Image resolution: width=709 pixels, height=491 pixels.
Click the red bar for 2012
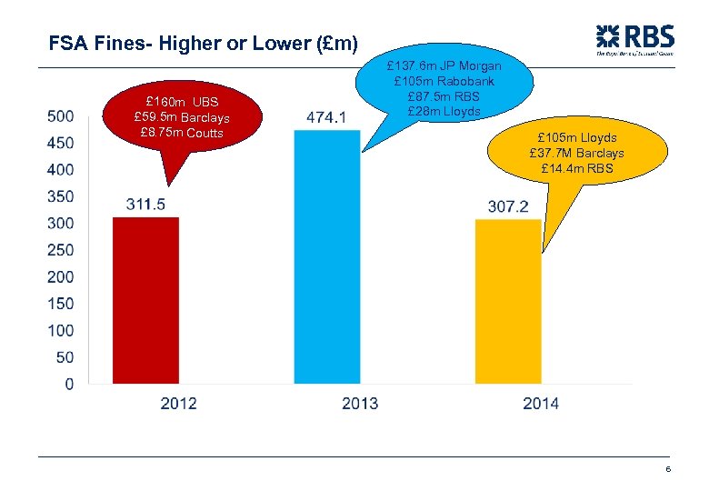click(x=145, y=300)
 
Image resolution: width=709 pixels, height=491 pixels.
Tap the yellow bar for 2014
click(x=508, y=302)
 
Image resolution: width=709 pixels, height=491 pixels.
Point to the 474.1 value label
click(x=326, y=117)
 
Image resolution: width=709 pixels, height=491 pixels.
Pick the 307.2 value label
click(x=508, y=207)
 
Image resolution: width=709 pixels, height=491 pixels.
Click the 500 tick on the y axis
click(x=60, y=115)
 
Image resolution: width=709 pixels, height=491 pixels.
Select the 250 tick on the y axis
click(x=60, y=250)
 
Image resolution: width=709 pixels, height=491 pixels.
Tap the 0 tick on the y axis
click(x=69, y=384)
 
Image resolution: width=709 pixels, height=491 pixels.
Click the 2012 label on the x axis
click(x=178, y=403)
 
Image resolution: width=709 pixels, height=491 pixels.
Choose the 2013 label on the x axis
click(x=360, y=403)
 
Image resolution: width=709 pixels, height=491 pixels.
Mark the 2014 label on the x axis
click(x=541, y=403)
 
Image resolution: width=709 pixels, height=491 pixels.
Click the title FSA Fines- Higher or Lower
click(x=204, y=43)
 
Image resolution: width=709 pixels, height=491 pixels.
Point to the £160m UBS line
click(x=181, y=101)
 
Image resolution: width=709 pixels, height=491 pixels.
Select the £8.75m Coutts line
click(x=181, y=133)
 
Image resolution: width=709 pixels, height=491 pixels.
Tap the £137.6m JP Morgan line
click(x=444, y=66)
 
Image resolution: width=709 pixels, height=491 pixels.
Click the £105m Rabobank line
click(x=444, y=81)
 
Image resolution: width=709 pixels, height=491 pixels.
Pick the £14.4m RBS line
click(x=576, y=168)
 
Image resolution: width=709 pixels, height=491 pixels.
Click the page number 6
click(x=668, y=469)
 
